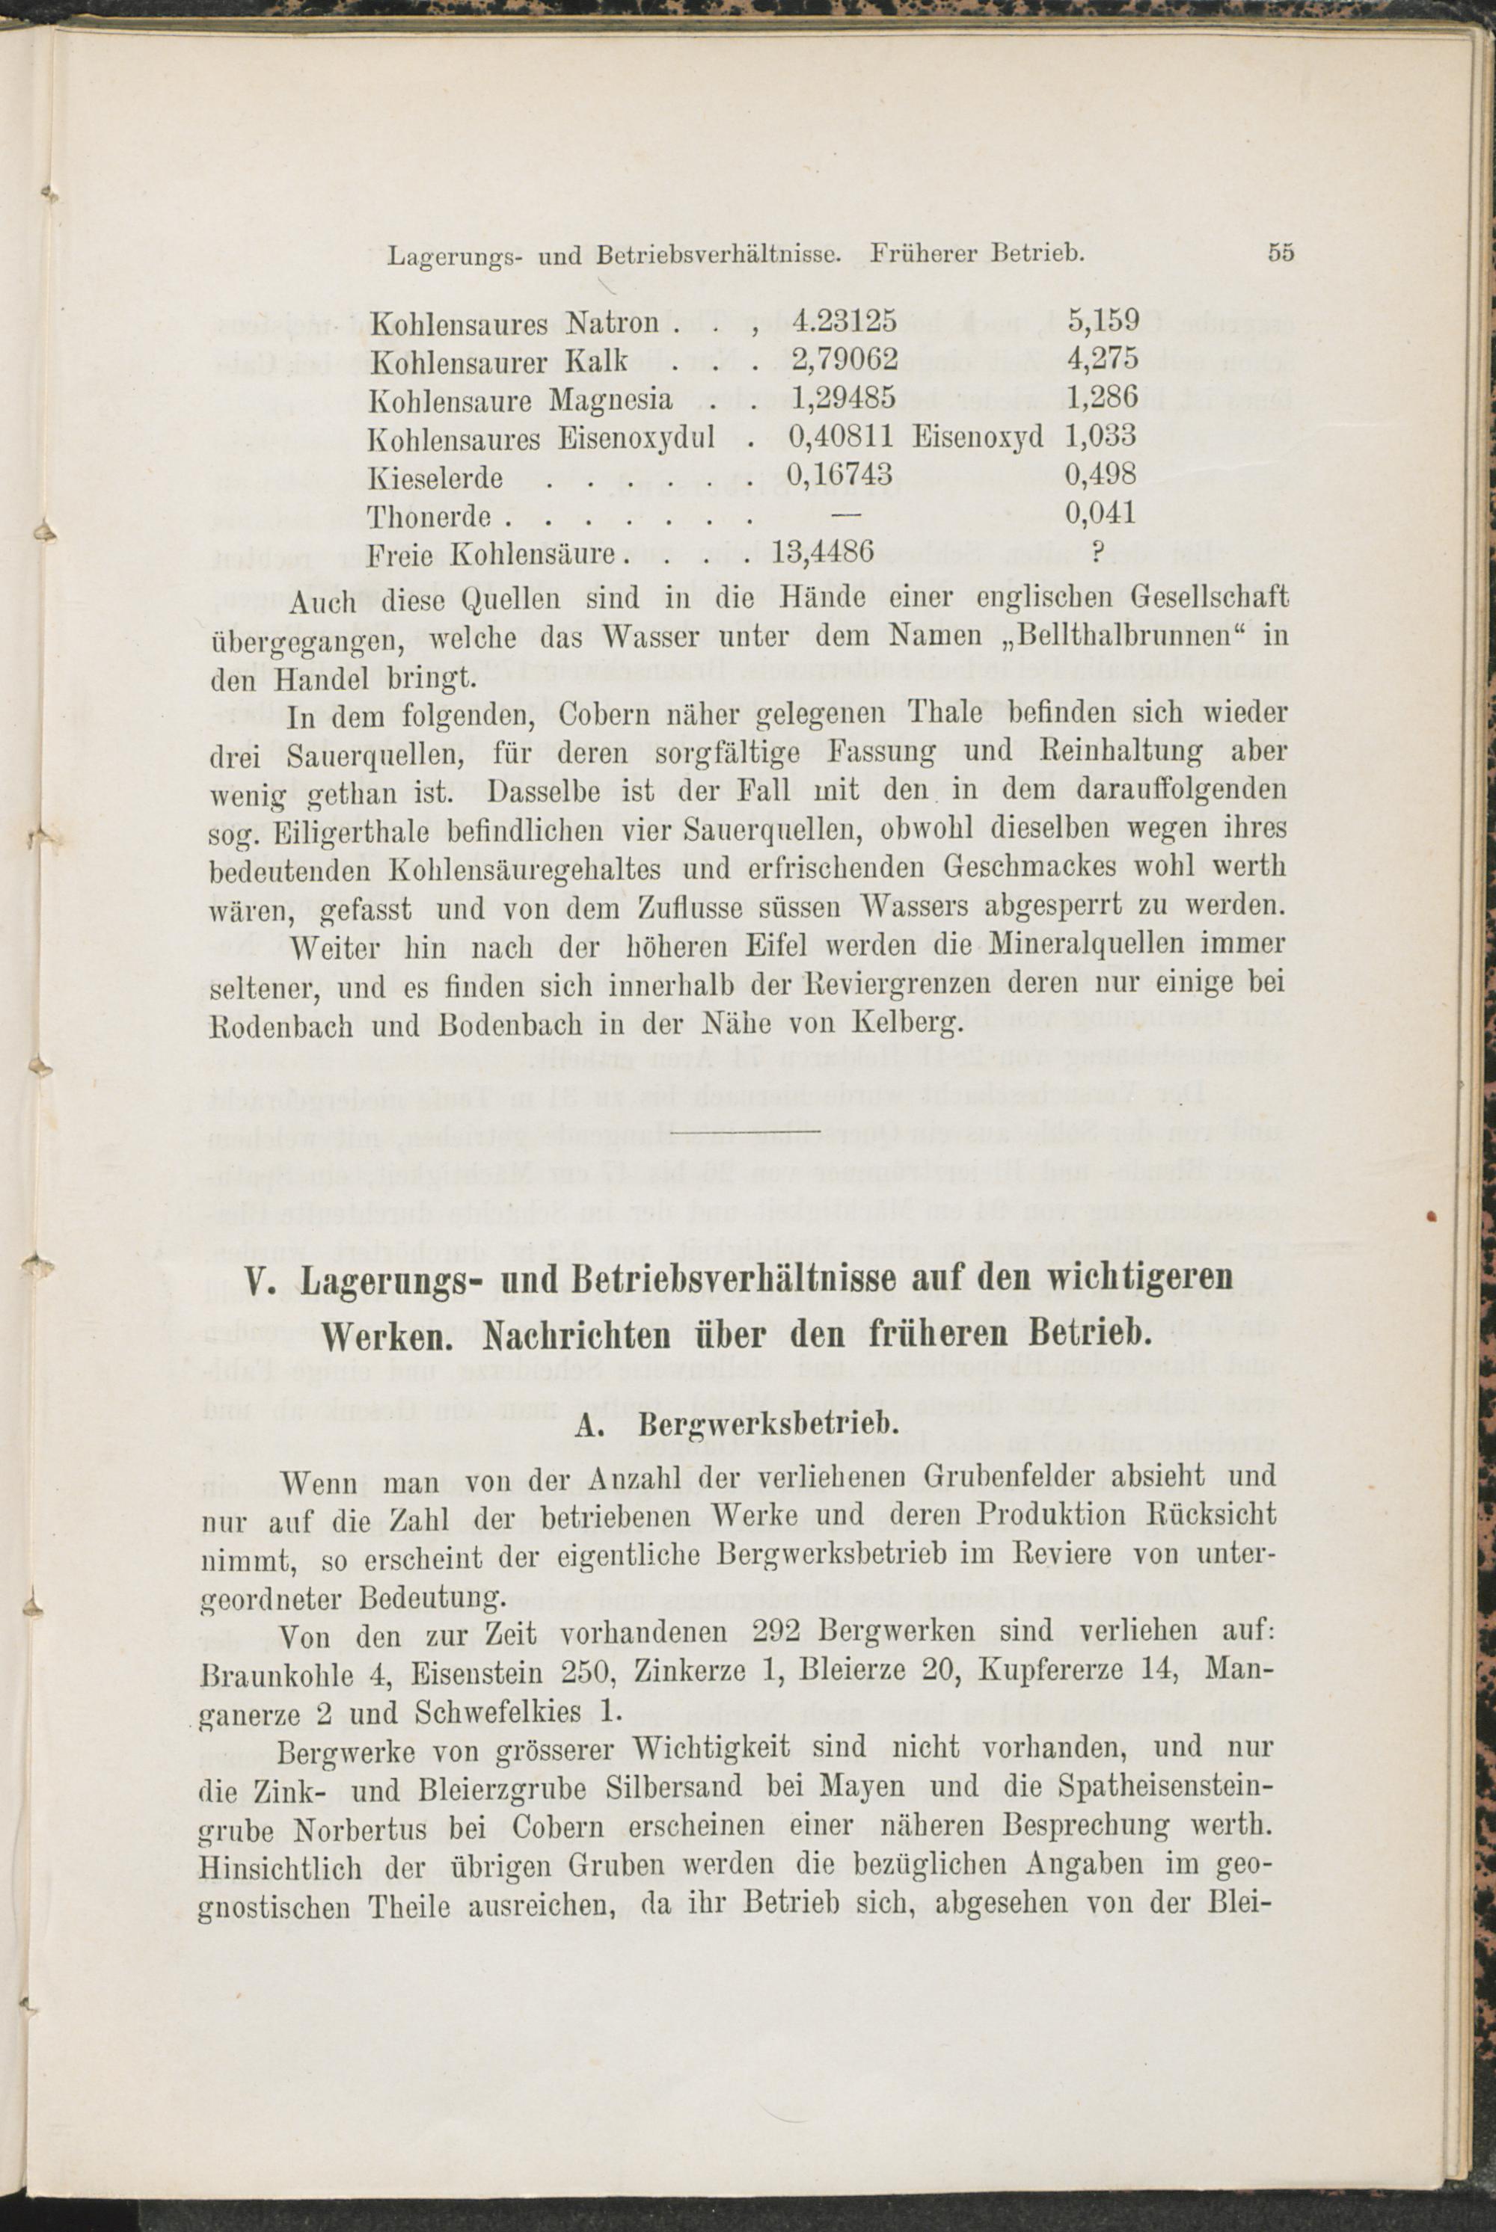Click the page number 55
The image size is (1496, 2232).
tap(1281, 253)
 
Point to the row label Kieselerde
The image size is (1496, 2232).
tap(435, 476)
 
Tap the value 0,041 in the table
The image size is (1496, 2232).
tap(1101, 514)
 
